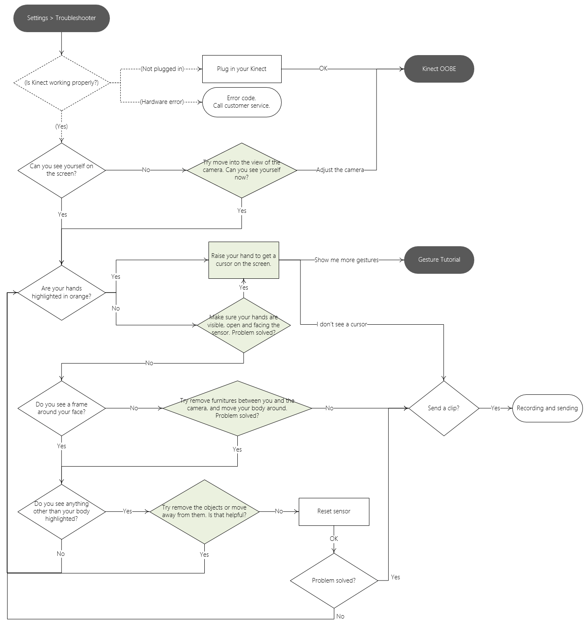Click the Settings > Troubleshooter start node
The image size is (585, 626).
click(61, 18)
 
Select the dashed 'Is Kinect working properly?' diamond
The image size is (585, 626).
click(61, 83)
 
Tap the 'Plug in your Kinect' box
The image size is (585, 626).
click(242, 69)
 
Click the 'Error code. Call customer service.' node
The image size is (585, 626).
click(242, 102)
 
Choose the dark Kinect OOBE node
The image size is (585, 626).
click(439, 69)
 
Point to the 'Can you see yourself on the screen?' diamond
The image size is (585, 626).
click(61, 170)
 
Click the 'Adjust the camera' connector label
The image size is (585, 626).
click(340, 170)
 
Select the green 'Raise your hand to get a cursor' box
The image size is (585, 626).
click(244, 260)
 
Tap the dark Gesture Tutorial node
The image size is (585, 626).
click(439, 260)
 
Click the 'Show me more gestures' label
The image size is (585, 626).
click(346, 260)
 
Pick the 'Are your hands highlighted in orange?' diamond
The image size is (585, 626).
click(61, 293)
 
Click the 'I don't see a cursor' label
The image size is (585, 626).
click(342, 324)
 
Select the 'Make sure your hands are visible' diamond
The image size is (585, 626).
click(244, 325)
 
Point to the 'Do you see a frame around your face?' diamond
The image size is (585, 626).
click(61, 408)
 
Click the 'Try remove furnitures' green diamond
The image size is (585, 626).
click(237, 408)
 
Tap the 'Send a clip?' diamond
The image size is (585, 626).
click(443, 408)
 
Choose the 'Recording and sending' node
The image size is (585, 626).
click(547, 408)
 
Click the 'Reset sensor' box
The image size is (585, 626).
click(334, 511)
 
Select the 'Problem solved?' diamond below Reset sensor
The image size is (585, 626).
click(334, 581)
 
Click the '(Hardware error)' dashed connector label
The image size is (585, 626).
click(162, 102)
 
